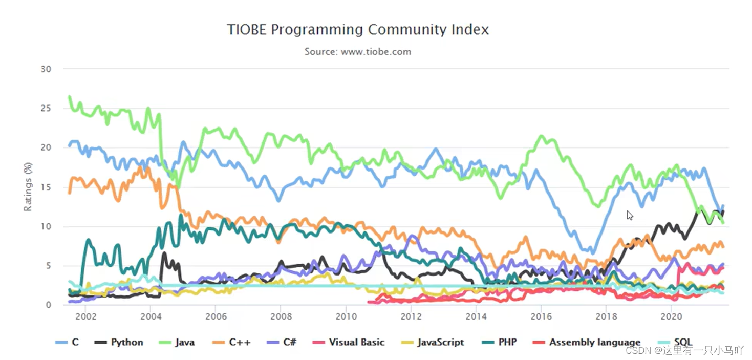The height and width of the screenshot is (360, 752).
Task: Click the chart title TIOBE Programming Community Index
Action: pos(358,30)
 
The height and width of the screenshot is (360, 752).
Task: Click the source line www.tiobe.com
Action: pos(358,52)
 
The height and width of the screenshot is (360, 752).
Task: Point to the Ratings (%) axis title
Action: pos(28,187)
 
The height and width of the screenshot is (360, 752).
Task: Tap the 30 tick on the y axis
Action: pos(46,69)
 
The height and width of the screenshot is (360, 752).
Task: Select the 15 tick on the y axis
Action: pos(46,187)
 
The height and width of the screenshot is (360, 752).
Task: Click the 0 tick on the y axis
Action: pos(48,305)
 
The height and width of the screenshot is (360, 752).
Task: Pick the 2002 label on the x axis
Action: pos(85,316)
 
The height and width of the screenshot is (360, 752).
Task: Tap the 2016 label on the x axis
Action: pos(541,316)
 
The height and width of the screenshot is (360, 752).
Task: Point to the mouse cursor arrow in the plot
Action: pos(629,215)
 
